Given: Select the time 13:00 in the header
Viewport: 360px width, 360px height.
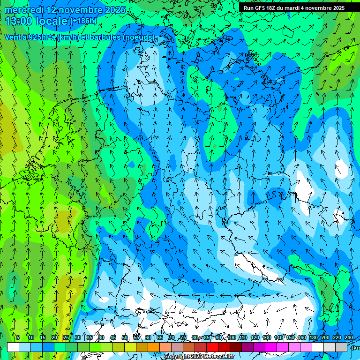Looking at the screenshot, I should (x=19, y=21).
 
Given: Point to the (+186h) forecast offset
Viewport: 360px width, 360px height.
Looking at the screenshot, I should (x=83, y=21).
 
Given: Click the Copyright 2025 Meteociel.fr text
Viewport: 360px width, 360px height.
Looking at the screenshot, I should (x=199, y=357).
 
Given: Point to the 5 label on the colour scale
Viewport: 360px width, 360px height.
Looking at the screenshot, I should (x=18, y=337).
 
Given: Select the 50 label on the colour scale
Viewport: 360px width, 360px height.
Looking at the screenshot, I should (x=125, y=337).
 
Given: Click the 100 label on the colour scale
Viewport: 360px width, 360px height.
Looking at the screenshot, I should (x=232, y=337).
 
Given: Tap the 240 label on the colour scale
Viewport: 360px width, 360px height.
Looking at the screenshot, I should (x=348, y=337).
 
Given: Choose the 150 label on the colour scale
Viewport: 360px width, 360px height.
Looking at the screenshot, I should (x=290, y=337).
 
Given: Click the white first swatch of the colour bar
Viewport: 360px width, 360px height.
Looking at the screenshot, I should (x=13, y=347).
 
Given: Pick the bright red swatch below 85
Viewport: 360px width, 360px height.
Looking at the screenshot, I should (x=212, y=347).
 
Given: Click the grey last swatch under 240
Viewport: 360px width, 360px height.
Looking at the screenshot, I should (x=341, y=347).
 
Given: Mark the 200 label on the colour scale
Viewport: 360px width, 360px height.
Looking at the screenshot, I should (x=325, y=337).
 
